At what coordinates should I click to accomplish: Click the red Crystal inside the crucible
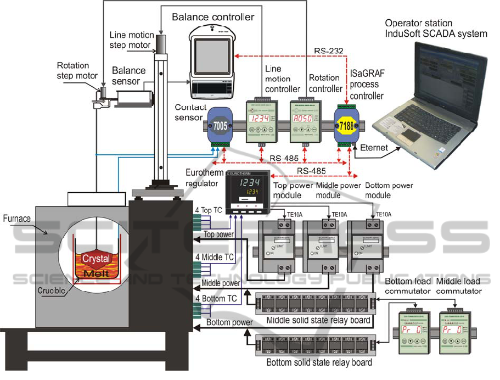click(96, 259)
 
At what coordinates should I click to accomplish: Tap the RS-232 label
click(329, 51)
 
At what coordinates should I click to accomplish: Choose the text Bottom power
click(230, 322)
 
